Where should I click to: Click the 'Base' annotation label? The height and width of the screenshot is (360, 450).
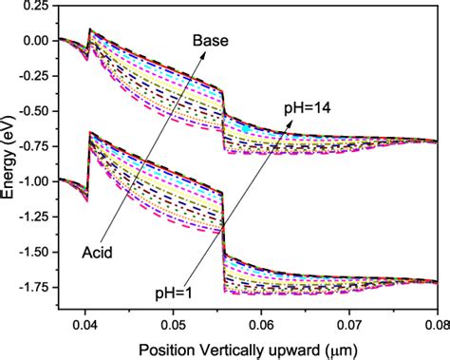tap(209, 41)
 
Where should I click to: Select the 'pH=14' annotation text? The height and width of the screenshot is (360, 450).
tap(305, 108)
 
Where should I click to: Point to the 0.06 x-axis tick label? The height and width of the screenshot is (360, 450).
tap(262, 324)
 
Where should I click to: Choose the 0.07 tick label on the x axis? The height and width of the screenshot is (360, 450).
tap(350, 324)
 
